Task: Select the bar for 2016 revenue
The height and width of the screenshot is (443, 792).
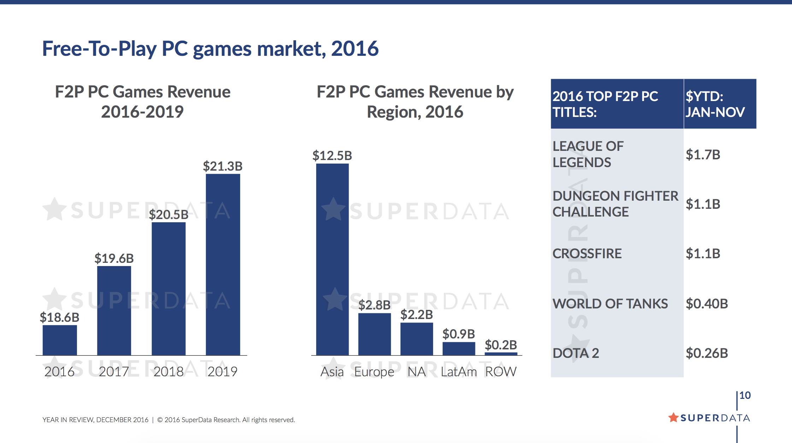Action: click(x=60, y=340)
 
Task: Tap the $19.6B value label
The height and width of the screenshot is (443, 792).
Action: click(x=114, y=258)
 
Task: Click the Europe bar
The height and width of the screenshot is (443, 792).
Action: click(x=374, y=334)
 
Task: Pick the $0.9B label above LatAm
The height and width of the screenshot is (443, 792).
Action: click(x=459, y=334)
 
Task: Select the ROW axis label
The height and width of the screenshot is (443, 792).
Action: click(x=501, y=372)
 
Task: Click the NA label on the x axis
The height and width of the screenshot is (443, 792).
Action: click(x=416, y=372)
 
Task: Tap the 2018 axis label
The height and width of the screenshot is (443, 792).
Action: click(x=169, y=372)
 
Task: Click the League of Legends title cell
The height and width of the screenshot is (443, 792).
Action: click(x=588, y=154)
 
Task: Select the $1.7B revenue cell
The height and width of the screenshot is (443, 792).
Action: click(x=703, y=155)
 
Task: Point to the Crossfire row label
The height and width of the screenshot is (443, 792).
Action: click(x=587, y=254)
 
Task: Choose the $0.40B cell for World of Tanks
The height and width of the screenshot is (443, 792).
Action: click(x=707, y=303)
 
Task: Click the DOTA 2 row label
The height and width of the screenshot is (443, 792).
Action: click(x=576, y=353)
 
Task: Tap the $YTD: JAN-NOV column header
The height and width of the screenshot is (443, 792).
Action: click(x=715, y=104)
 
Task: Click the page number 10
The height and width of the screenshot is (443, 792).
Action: click(x=745, y=395)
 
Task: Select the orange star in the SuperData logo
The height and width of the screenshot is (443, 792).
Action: click(x=673, y=418)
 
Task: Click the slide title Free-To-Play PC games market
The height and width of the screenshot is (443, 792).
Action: click(x=210, y=48)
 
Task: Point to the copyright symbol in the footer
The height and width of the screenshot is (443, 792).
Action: click(x=160, y=420)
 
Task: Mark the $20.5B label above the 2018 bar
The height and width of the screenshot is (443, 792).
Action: click(x=169, y=214)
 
